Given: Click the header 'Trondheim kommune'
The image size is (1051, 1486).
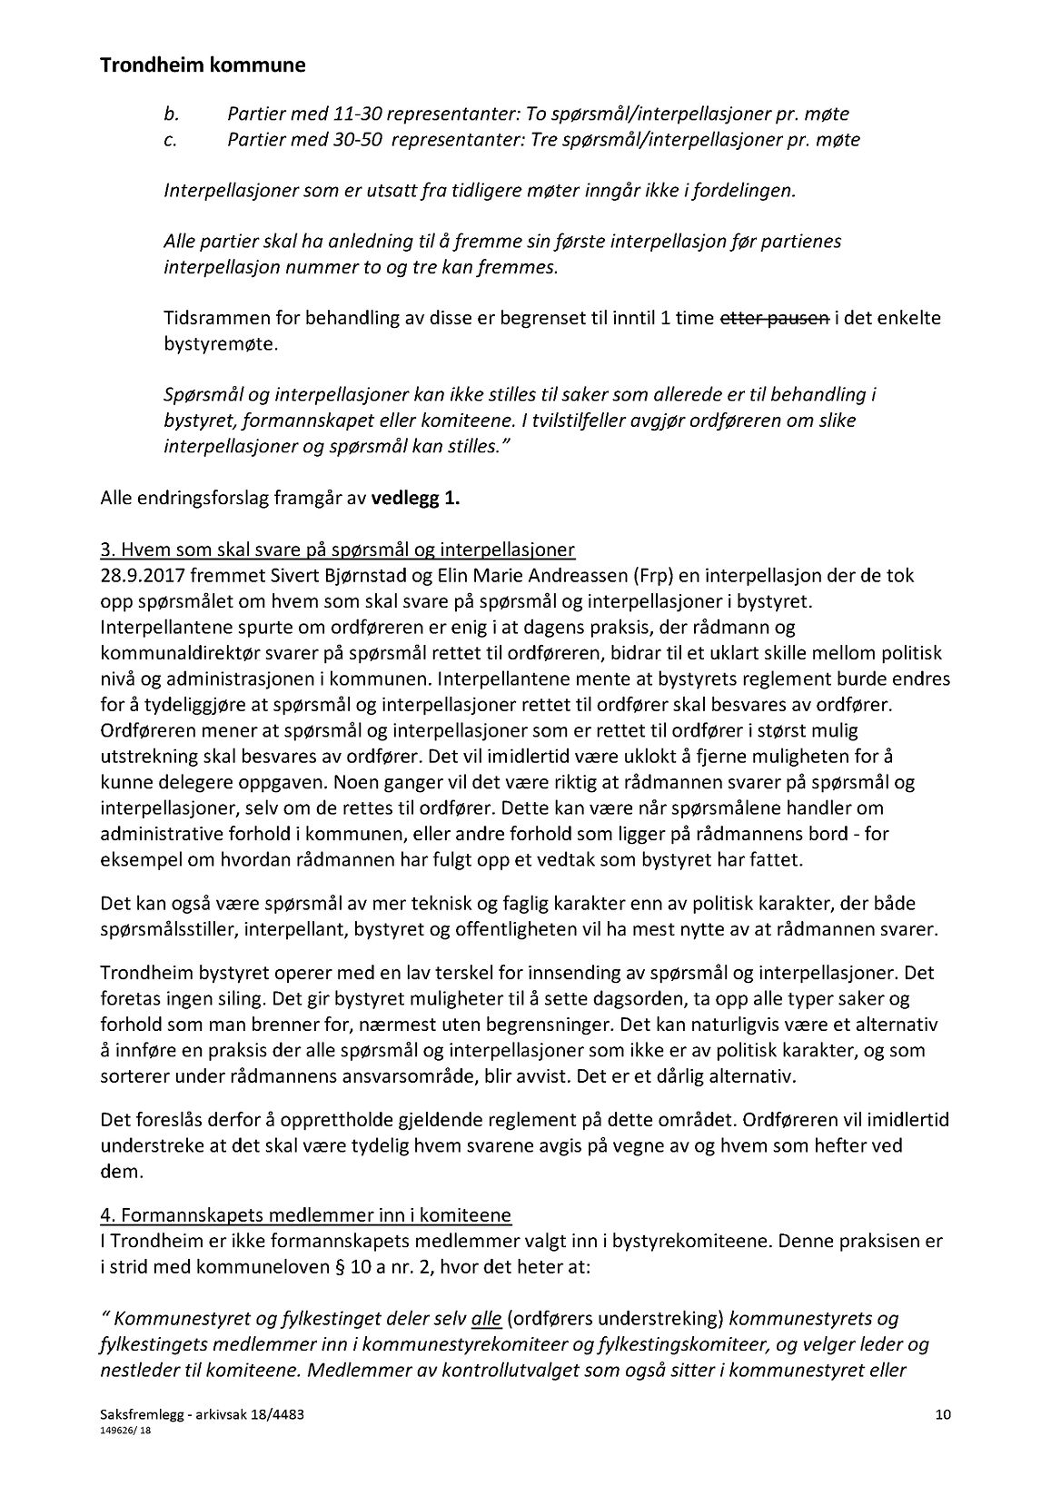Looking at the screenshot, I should tap(203, 66).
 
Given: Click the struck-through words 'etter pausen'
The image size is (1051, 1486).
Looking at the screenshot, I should tap(774, 319).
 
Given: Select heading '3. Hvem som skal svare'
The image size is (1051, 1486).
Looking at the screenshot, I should tap(337, 550).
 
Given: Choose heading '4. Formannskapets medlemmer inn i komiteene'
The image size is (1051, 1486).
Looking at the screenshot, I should tap(305, 1215).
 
